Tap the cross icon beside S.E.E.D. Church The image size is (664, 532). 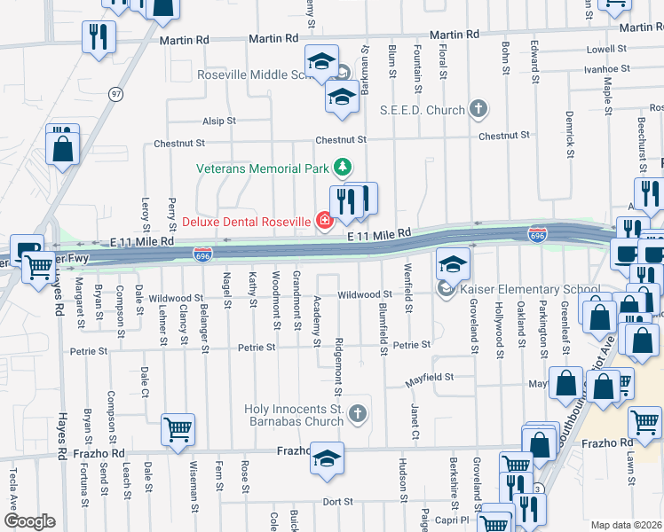(478, 110)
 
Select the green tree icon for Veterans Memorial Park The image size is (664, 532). (340, 167)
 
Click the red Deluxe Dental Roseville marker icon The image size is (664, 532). (325, 221)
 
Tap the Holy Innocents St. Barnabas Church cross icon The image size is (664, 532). (356, 413)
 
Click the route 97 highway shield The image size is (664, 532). (116, 93)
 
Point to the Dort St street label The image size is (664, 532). (337, 502)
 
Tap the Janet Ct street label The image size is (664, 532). (415, 420)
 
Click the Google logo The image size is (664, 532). (29, 521)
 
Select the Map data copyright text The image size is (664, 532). (626, 525)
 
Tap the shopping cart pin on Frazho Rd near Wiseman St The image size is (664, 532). (178, 430)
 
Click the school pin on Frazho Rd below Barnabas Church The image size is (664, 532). (328, 458)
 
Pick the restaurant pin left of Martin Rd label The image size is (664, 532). (98, 36)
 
